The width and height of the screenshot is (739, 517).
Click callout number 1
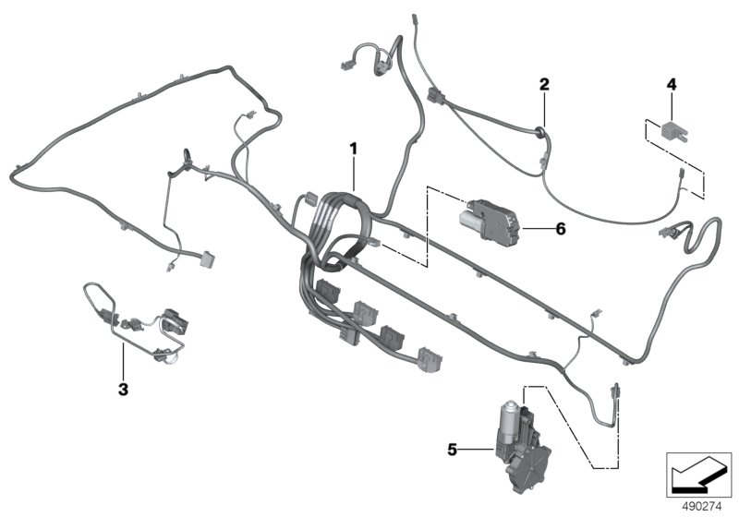click(352, 147)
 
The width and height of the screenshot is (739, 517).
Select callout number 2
click(545, 85)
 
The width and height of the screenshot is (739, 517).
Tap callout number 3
click(123, 389)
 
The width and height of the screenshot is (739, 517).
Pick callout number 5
click(454, 451)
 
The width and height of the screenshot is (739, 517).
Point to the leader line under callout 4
click(672, 104)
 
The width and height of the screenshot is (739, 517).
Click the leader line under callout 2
click(545, 106)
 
